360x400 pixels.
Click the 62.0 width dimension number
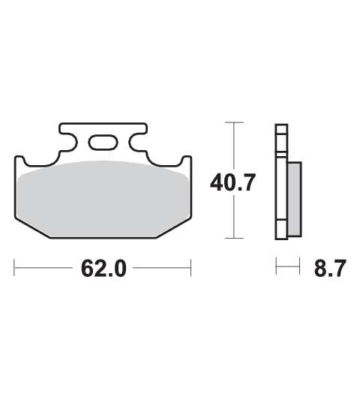pyautogui.click(x=103, y=268)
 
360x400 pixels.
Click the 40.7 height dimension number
pyautogui.click(x=232, y=182)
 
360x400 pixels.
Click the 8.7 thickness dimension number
pyautogui.click(x=330, y=268)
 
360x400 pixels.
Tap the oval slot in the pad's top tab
pyautogui.click(x=103, y=143)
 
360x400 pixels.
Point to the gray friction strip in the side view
pyautogui.click(x=295, y=199)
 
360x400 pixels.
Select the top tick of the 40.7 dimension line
pyautogui.click(x=234, y=122)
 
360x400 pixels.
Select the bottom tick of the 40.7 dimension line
pyautogui.click(x=234, y=238)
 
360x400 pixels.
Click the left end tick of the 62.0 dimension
pyautogui.click(x=14, y=268)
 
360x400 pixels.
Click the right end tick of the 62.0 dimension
pyautogui.click(x=190, y=268)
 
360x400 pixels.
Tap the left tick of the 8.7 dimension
pyautogui.click(x=276, y=266)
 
